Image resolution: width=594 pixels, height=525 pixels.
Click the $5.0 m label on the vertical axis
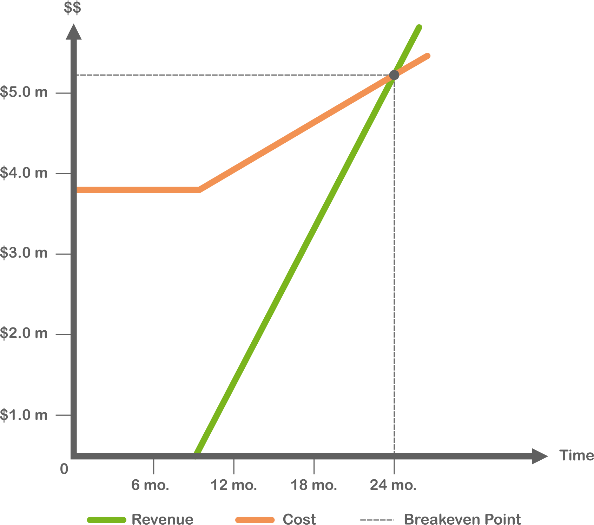tap(24, 92)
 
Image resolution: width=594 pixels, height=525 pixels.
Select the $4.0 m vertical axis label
tap(24, 173)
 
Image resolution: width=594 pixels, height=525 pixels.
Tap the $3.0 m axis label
tap(24, 253)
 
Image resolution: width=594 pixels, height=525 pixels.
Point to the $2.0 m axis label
tap(24, 333)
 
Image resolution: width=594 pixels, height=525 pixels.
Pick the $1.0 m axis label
tap(24, 415)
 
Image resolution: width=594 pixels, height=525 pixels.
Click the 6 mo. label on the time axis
tap(150, 485)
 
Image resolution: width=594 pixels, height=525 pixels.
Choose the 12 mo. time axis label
tap(233, 485)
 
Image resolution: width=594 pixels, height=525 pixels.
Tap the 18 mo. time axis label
tap(313, 485)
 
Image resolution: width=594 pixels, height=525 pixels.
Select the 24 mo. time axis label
tap(393, 485)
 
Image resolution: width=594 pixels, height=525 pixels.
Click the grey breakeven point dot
tap(394, 75)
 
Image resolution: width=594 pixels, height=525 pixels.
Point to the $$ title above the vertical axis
tap(72, 8)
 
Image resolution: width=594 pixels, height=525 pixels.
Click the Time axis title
tap(576, 455)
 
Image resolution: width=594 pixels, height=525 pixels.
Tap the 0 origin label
tap(64, 469)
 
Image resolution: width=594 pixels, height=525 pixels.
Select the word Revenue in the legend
tap(162, 519)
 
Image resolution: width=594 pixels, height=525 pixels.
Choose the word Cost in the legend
tap(299, 519)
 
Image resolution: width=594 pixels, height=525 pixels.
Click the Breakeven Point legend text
tap(462, 519)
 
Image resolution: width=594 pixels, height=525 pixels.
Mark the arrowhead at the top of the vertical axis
tap(74, 32)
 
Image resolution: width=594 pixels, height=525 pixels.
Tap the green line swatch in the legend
tap(106, 520)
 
